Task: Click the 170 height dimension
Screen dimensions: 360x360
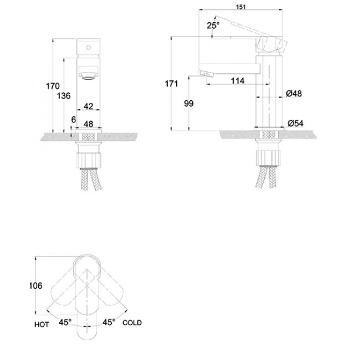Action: pyautogui.click(x=53, y=86)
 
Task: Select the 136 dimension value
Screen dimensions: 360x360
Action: pyautogui.click(x=64, y=96)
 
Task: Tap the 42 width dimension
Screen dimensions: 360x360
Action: pyautogui.click(x=88, y=105)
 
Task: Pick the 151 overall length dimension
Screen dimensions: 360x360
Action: pyautogui.click(x=241, y=7)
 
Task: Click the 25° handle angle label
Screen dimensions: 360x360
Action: pyautogui.click(x=213, y=25)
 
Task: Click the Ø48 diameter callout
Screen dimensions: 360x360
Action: pyautogui.click(x=294, y=94)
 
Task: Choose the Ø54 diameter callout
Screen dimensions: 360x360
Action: pyautogui.click(x=296, y=123)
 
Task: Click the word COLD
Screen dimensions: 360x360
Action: pyautogui.click(x=132, y=323)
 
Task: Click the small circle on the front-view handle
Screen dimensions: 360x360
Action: pyautogui.click(x=87, y=48)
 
